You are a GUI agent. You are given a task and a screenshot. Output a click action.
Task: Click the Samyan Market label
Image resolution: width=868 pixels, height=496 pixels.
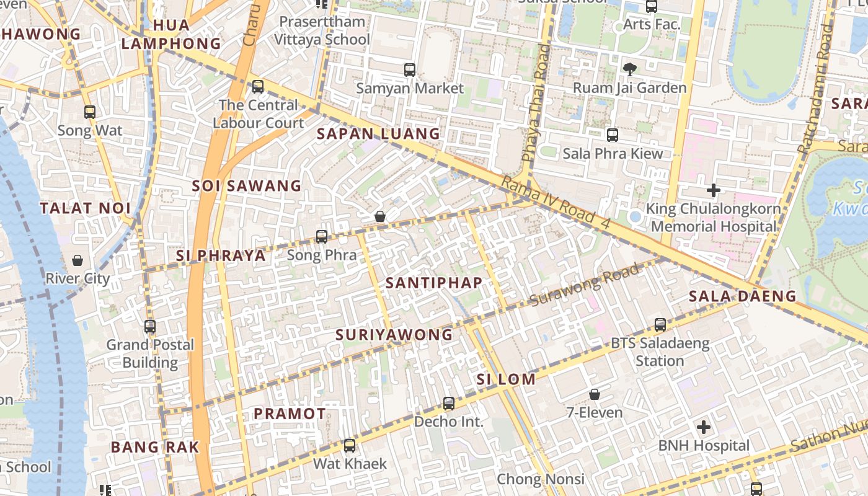tap(409, 88)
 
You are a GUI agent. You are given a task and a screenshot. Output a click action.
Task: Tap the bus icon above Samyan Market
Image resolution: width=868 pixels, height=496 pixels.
tap(409, 70)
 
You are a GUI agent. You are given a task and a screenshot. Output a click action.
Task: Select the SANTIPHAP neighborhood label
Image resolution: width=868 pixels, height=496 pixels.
tap(433, 283)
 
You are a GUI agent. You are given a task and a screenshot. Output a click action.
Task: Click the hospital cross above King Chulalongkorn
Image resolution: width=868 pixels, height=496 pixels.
tap(713, 190)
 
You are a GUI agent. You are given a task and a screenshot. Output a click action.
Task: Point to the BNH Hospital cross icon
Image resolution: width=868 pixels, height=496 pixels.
tap(703, 427)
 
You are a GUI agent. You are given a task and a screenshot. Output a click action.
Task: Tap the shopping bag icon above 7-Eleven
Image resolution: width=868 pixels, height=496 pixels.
tap(594, 394)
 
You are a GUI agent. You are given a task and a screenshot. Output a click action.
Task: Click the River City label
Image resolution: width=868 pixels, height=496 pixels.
tap(77, 278)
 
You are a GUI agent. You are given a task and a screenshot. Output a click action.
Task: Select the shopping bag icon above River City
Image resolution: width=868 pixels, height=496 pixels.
tap(77, 260)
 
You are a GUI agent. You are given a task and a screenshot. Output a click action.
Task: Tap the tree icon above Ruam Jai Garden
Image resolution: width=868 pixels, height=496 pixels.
tap(629, 69)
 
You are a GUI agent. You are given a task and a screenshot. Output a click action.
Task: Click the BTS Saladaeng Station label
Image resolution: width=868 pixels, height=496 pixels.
tap(660, 352)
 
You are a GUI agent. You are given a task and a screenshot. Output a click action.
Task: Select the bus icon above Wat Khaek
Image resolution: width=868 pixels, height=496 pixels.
tap(350, 445)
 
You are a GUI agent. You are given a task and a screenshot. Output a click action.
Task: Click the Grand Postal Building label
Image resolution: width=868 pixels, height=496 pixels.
tap(150, 353)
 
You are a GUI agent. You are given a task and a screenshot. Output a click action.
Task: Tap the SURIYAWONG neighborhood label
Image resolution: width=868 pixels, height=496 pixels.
tap(394, 335)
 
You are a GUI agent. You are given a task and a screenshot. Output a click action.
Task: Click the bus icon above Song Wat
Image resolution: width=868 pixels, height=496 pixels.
tap(90, 112)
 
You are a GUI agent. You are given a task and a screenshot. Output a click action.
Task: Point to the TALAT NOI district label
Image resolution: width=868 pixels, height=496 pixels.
tap(85, 208)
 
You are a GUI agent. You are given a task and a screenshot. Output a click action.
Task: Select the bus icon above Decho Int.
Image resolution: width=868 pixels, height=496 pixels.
tap(449, 404)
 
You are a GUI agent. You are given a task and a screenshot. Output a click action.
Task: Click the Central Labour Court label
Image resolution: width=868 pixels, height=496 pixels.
tap(258, 114)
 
